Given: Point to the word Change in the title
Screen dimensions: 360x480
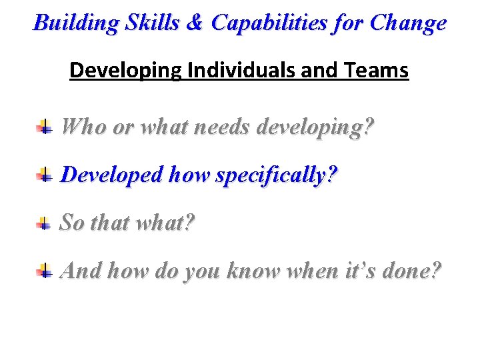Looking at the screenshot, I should (x=408, y=23).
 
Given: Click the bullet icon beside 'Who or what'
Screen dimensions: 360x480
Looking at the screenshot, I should (x=44, y=125).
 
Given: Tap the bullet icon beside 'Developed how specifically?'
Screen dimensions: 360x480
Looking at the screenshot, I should (x=44, y=175).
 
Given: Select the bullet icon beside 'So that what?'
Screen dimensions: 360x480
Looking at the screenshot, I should (x=44, y=223).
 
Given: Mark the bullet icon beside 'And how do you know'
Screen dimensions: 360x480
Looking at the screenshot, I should (x=44, y=271).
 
